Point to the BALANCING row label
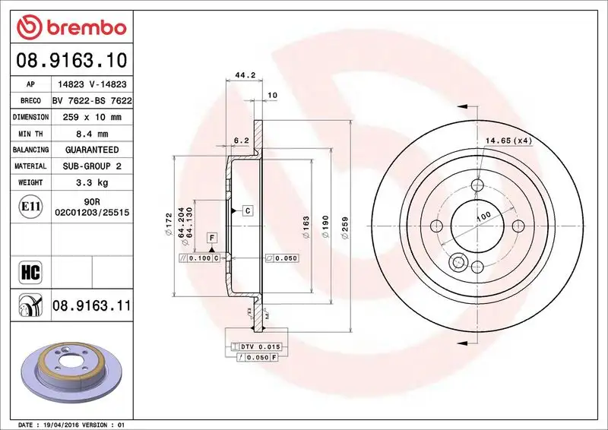coord(30,150)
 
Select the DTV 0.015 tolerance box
coord(260,346)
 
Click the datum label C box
coord(248,210)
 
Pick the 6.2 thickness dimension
coord(242,141)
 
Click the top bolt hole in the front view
coord(477,185)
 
